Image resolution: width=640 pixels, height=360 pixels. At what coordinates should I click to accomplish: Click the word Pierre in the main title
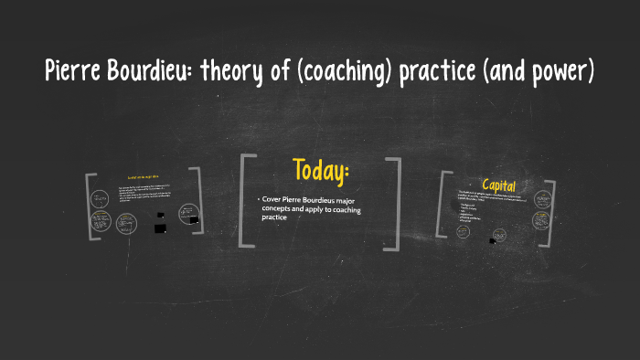[x=72, y=70]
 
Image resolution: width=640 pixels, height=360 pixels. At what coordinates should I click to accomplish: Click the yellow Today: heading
[x=321, y=170]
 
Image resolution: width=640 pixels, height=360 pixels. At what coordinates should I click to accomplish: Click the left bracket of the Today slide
[x=244, y=201]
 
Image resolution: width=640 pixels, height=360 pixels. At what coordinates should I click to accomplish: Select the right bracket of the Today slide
[x=395, y=203]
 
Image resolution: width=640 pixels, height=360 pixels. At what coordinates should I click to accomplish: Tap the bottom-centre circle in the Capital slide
[x=500, y=236]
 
